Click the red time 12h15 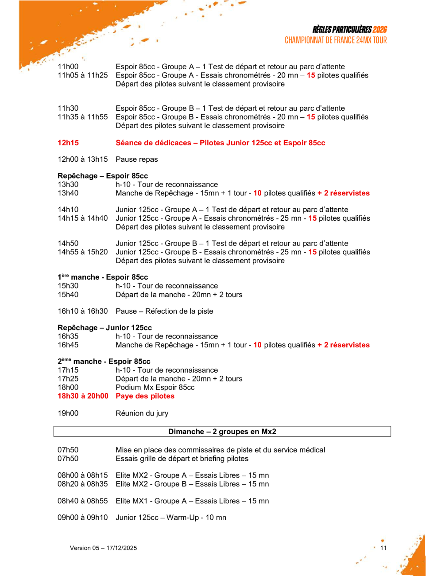[68, 143]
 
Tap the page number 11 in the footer [383, 548]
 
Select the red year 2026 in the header [379, 30]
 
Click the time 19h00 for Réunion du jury [68, 413]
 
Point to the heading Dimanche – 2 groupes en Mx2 [222, 432]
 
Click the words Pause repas [137, 160]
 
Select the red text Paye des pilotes [145, 396]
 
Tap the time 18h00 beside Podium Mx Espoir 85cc [68, 387]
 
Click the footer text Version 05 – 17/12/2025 [103, 548]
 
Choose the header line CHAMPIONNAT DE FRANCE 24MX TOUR [336, 40]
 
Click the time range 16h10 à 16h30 [82, 311]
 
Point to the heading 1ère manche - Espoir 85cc [103, 277]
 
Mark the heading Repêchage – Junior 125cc [104, 328]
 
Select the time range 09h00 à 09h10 [82, 518]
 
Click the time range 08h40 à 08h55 [82, 501]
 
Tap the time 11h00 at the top [68, 67]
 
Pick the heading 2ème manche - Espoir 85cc [104, 362]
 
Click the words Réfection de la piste [179, 311]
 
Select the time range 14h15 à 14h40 [82, 218]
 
